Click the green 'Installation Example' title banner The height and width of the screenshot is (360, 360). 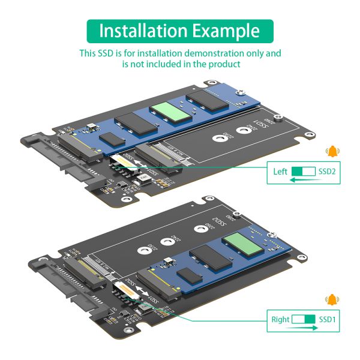(x=180, y=31)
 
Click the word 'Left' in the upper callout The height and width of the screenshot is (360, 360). (x=280, y=172)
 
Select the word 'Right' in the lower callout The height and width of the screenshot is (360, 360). (x=280, y=319)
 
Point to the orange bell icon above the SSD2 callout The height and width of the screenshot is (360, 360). (x=331, y=151)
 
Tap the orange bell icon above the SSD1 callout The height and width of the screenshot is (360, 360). (x=331, y=299)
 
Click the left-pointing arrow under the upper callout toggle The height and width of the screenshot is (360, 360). (x=304, y=179)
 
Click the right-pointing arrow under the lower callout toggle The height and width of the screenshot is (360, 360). (x=304, y=328)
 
